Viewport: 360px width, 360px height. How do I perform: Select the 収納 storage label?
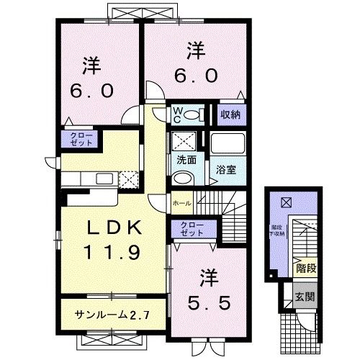click(230, 114)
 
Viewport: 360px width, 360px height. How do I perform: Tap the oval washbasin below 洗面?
click(182, 179)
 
